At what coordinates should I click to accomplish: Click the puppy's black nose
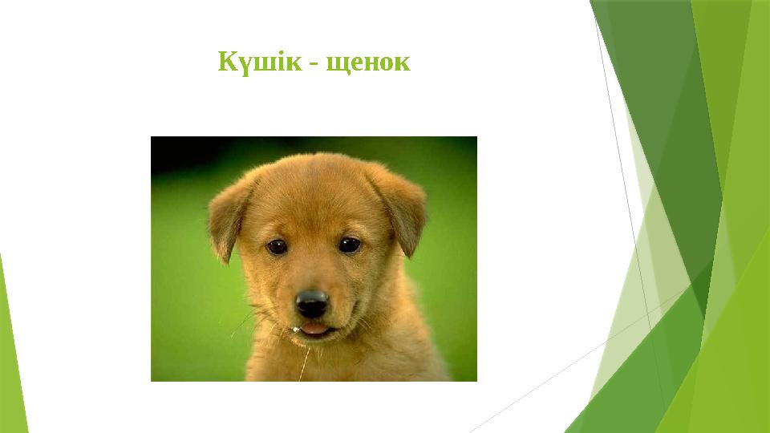click(311, 302)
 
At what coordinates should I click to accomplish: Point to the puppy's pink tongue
click(315, 328)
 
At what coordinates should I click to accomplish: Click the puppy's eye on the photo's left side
click(278, 246)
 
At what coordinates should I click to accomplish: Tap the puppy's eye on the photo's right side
click(349, 245)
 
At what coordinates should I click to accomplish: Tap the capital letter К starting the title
click(227, 62)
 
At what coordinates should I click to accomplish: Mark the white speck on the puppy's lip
click(298, 328)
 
